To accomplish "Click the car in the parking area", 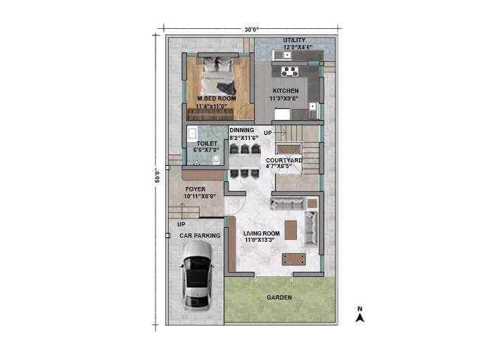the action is (197, 276).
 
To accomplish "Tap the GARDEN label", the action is (279, 297).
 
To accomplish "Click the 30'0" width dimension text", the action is (252, 30).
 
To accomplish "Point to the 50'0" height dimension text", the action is (158, 175).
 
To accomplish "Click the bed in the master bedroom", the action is (217, 77).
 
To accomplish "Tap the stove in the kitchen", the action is (290, 72).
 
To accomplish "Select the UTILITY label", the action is (294, 40).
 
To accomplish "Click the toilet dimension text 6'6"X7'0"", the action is (206, 150).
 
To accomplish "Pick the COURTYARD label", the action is (284, 160).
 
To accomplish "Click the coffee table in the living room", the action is (291, 230).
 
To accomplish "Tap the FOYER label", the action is (196, 189).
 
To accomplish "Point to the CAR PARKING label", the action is (200, 236).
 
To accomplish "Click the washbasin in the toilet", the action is (192, 134).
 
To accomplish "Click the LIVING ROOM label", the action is (262, 233).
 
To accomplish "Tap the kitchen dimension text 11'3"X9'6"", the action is (284, 98).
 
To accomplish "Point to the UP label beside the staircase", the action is (267, 133).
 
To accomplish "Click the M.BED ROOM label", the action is (217, 98).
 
